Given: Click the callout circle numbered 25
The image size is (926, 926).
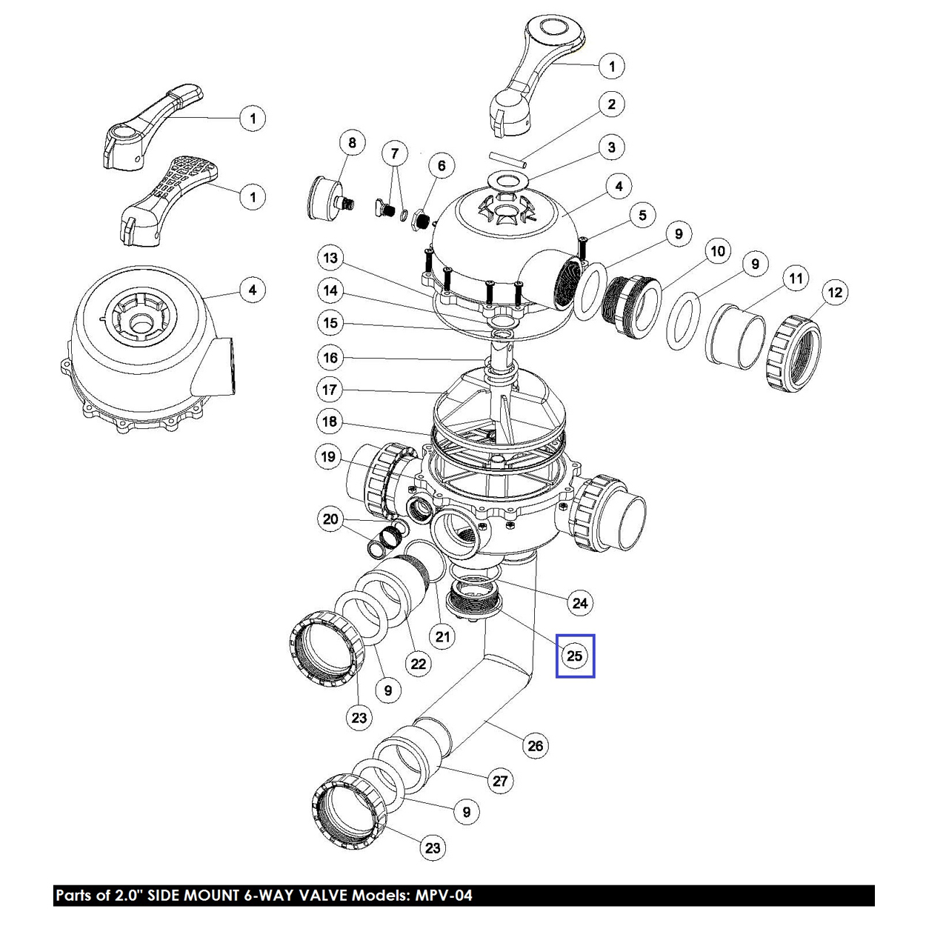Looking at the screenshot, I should click(x=575, y=656).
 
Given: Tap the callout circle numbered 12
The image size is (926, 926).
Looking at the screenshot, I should click(x=835, y=293).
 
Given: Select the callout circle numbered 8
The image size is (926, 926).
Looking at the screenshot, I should click(x=352, y=143).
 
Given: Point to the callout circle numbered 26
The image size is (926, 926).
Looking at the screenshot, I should click(x=536, y=746).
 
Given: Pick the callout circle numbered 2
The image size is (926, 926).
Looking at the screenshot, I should click(x=611, y=104).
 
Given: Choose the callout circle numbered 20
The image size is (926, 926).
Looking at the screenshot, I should click(x=330, y=519).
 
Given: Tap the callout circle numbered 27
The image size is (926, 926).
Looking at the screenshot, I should click(x=501, y=781).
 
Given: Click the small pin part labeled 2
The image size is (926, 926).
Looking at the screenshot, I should click(x=507, y=159).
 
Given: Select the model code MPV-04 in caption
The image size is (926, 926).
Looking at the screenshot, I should click(x=441, y=896).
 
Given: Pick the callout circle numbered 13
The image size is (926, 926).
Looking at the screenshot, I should click(x=330, y=258).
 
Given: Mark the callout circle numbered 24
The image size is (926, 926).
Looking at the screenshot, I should click(x=580, y=603).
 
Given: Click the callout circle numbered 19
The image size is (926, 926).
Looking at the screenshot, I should click(x=328, y=456).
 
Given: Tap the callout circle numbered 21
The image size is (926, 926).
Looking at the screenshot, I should click(x=442, y=636).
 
